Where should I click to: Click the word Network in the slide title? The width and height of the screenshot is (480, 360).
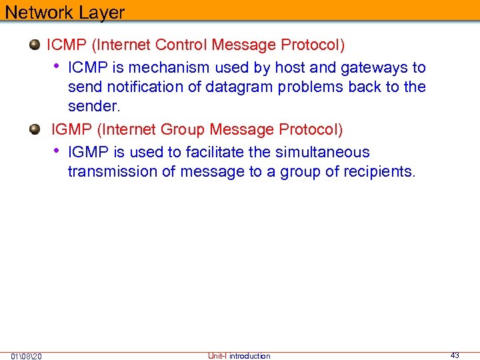37,13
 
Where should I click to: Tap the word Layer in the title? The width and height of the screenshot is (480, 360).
99,13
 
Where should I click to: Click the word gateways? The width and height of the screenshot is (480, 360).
375,67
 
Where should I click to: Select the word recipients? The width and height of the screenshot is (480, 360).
379,171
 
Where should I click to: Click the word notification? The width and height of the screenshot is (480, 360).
133,87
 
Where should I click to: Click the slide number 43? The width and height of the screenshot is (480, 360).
455,355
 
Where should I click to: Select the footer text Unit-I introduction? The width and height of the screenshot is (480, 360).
239,356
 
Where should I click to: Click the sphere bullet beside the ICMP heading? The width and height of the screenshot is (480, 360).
35,45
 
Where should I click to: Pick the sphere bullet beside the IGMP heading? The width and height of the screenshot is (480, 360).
35,129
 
